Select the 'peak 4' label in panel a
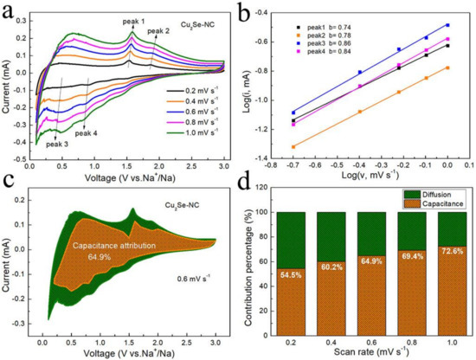pos(87,133)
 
